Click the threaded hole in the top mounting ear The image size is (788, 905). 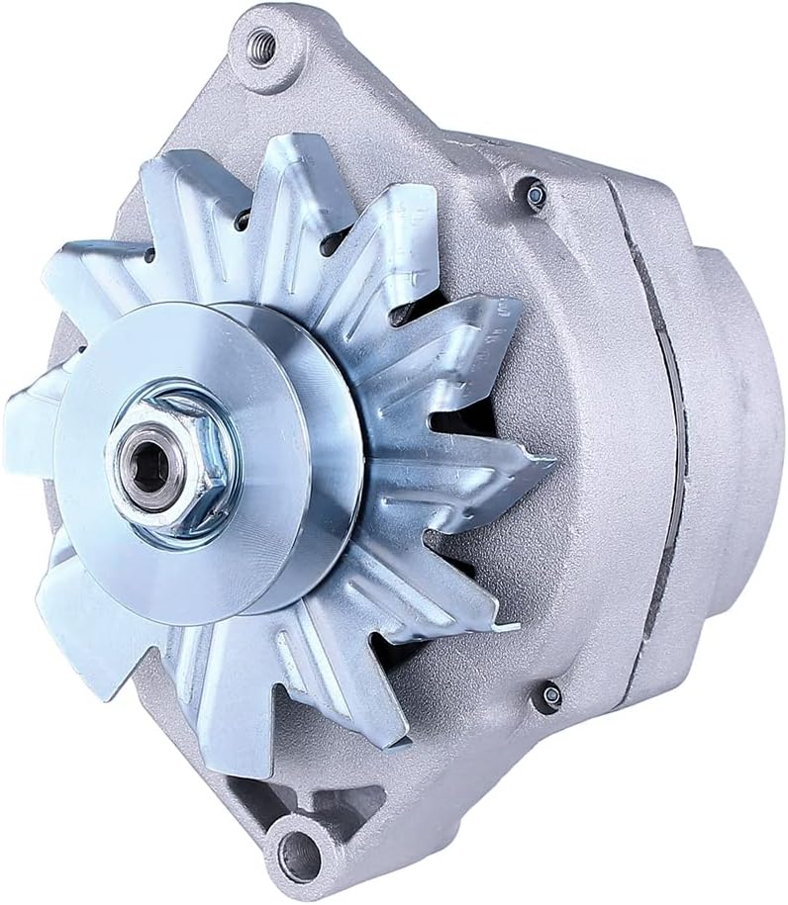click(262, 45)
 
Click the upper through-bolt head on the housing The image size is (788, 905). click(536, 196)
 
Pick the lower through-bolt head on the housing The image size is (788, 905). click(549, 696)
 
